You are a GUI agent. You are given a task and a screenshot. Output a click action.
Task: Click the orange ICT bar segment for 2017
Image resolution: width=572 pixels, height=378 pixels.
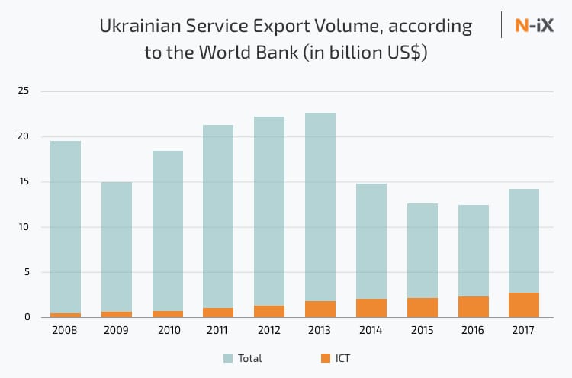pyautogui.click(x=524, y=305)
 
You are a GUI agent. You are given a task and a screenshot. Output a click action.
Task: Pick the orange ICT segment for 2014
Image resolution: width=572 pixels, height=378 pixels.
pyautogui.click(x=371, y=308)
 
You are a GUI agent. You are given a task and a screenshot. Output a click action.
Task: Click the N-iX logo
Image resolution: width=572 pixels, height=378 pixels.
pyautogui.click(x=533, y=26)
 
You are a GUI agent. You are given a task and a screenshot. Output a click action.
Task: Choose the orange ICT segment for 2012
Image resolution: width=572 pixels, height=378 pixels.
pyautogui.click(x=269, y=311)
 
